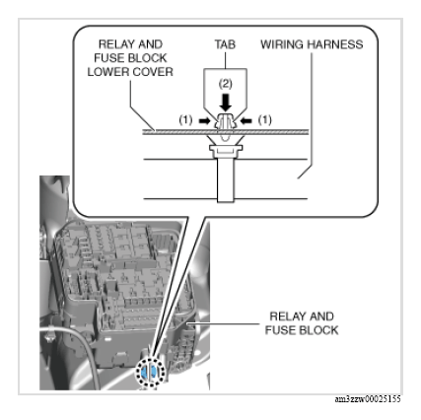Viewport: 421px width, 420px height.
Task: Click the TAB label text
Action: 225,44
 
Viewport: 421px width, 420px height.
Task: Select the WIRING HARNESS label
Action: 312,44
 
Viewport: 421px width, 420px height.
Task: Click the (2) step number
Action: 226,84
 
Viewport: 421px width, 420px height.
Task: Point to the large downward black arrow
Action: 226,103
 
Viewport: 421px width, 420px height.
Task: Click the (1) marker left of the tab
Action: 185,120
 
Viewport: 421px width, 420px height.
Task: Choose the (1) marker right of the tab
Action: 265,120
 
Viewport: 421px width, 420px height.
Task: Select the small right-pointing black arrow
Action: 204,121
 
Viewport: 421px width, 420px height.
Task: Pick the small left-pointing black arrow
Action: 246,121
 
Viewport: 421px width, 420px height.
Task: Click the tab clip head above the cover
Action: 226,121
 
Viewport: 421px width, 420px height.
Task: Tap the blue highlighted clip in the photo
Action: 150,372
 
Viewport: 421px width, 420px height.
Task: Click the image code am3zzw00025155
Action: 368,399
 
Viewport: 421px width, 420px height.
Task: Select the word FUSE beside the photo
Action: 279,330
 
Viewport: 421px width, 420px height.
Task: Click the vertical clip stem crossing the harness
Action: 226,179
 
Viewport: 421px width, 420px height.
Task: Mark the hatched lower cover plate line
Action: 226,132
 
